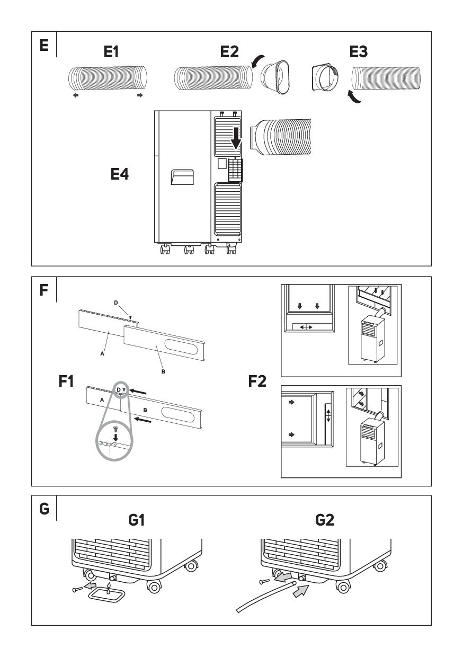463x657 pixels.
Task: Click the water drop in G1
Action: (109, 585)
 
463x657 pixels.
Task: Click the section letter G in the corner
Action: (44, 509)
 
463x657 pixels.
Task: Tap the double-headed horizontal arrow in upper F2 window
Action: (306, 327)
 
